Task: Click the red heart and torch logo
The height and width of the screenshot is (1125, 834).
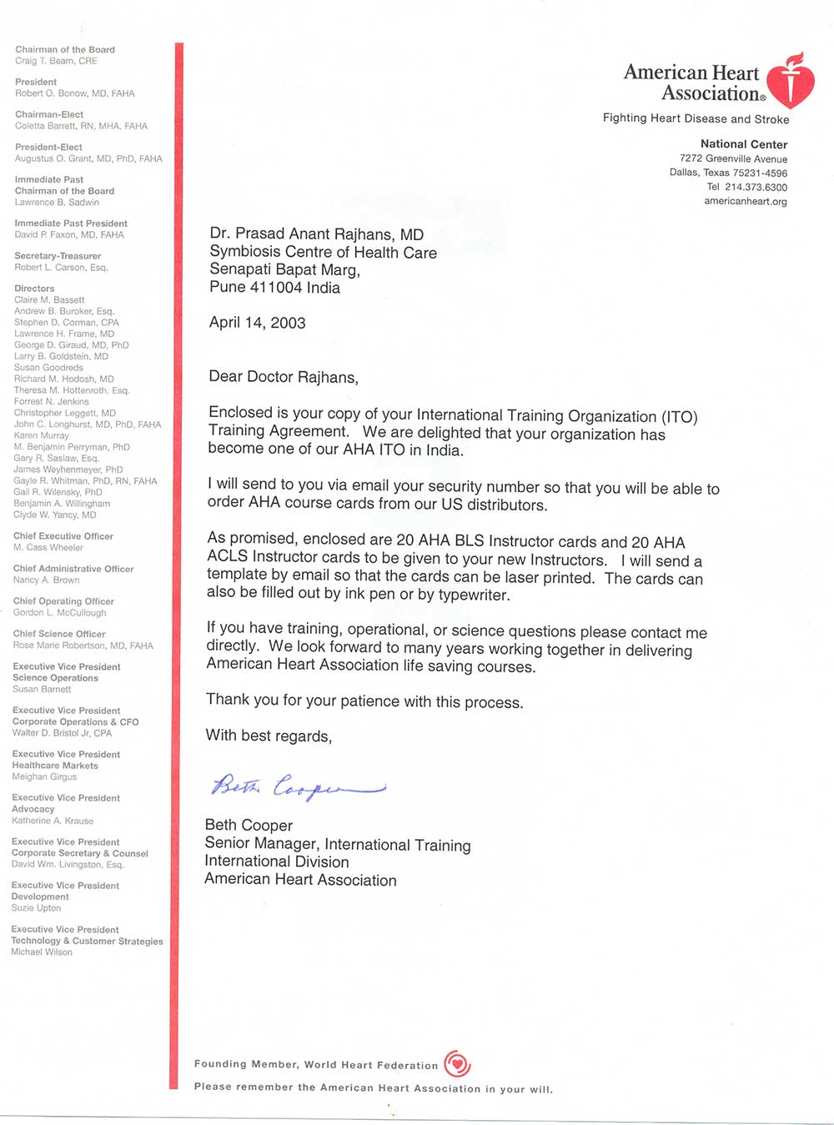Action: tap(790, 83)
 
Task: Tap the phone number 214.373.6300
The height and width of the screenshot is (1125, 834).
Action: tap(756, 187)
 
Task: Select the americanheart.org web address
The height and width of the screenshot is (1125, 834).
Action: tap(745, 201)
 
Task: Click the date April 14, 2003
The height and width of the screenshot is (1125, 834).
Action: tap(257, 323)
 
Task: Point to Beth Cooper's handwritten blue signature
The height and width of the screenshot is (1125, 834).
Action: tap(297, 786)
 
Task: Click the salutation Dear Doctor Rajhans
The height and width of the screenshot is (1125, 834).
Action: tap(283, 377)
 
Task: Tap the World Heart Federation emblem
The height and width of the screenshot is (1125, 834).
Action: tap(457, 1063)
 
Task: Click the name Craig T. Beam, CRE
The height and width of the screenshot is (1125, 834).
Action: tap(56, 61)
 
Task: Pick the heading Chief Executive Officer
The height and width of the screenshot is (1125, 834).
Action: tap(63, 536)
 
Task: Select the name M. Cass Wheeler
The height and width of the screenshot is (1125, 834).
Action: tap(48, 548)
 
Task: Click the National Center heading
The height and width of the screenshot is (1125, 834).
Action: tap(743, 144)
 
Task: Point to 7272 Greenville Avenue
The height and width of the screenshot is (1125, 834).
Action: tap(733, 158)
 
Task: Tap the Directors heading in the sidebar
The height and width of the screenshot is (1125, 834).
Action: tap(34, 289)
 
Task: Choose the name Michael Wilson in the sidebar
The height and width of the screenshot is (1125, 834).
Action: tap(42, 952)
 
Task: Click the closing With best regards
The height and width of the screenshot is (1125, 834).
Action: tap(269, 736)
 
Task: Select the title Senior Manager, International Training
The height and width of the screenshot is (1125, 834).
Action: tap(338, 844)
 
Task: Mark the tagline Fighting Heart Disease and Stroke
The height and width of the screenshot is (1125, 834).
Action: tap(696, 118)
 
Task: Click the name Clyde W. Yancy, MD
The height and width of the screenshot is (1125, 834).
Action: tap(55, 515)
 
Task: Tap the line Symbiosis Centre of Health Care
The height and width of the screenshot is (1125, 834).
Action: tap(323, 252)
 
